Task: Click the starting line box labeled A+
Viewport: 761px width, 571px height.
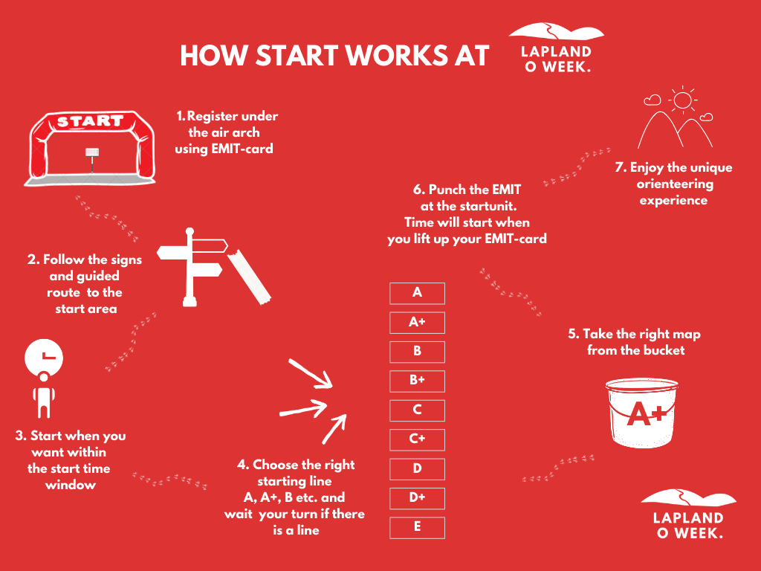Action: coord(417,323)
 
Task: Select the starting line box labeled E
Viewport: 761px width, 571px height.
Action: coord(417,527)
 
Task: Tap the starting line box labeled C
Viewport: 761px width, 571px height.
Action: coord(417,410)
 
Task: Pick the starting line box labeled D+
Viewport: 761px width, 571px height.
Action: coord(417,498)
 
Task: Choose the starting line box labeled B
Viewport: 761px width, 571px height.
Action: coord(417,352)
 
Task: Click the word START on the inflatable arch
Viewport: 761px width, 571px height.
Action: coord(90,121)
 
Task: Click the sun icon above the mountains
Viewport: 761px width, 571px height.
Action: coord(681,100)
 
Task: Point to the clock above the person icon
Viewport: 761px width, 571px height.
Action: coord(43,357)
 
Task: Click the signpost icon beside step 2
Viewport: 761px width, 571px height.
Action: coord(192,266)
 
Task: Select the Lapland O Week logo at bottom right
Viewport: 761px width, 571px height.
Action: coord(688,514)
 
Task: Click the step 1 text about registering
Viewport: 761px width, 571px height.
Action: coord(226,132)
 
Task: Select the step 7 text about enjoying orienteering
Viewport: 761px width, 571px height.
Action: coord(673,184)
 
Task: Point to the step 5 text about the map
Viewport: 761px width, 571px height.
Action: coord(635,342)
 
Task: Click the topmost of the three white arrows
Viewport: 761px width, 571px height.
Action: coord(311,374)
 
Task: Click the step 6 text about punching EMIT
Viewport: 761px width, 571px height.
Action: coord(467,214)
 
